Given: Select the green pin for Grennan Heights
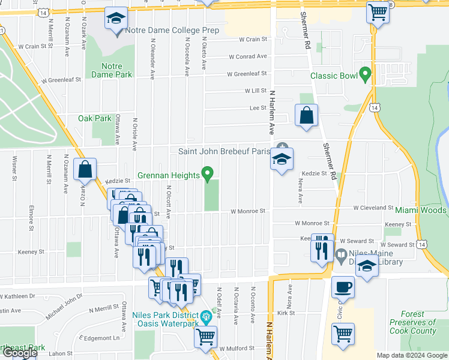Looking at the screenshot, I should tap(208, 174).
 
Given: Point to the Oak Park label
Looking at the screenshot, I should tap(95, 118).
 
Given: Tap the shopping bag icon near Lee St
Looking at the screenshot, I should tap(306, 116).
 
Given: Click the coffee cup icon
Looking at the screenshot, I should tap(343, 287).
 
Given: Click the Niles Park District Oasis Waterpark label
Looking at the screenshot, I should tap(166, 320).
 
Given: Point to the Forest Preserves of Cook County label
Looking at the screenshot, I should tap(412, 322).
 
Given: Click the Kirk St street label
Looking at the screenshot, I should tap(286, 313).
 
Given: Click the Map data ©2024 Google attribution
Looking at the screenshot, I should tap(412, 355).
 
